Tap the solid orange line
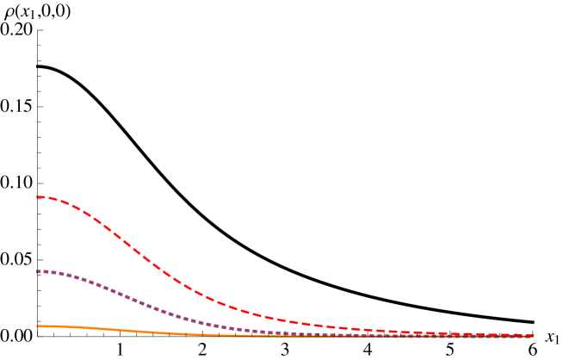tap(129, 330)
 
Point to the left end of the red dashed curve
tap(37, 197)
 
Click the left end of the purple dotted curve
tap(37, 271)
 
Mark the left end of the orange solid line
tap(37, 326)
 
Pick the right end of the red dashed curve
tap(532, 335)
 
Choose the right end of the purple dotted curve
tap(532, 336)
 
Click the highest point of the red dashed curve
tap(40, 197)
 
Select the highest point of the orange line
tap(40, 326)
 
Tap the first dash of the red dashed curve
tap(41, 197)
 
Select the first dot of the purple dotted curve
tap(39, 271)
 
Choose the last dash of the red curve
tap(527, 335)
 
